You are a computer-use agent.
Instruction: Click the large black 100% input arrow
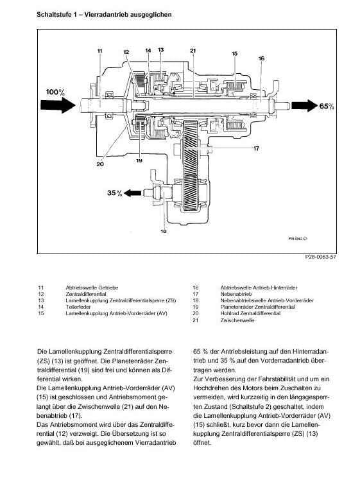pyautogui.click(x=58, y=105)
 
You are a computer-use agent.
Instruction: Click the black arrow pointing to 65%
pyautogui.click(x=303, y=105)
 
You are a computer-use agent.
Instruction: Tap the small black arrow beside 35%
pyautogui.click(x=132, y=193)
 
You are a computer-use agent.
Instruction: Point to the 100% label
pyautogui.click(x=55, y=92)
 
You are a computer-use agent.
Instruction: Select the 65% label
pyautogui.click(x=326, y=106)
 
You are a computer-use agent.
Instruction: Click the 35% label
pyautogui.click(x=115, y=193)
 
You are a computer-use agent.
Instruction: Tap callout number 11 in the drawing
pyautogui.click(x=100, y=51)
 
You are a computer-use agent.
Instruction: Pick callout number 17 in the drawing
pyautogui.click(x=256, y=148)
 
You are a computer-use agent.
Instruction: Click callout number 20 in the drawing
pyautogui.click(x=100, y=164)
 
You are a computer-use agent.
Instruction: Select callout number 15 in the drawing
pyautogui.click(x=234, y=53)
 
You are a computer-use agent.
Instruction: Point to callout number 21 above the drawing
pyautogui.click(x=193, y=51)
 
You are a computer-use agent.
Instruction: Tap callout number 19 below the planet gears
pyautogui.click(x=139, y=160)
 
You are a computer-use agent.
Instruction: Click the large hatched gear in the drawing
pyautogui.click(x=191, y=166)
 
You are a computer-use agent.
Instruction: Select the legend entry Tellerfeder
pyautogui.click(x=78, y=307)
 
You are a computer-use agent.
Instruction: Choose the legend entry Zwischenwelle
pyautogui.click(x=237, y=320)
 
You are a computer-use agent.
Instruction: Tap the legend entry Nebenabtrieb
pyautogui.click(x=236, y=294)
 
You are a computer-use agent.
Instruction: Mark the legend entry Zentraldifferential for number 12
pyautogui.click(x=86, y=294)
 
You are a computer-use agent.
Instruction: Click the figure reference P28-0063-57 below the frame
pyautogui.click(x=320, y=257)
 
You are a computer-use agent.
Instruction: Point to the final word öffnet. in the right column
pyautogui.click(x=202, y=443)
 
